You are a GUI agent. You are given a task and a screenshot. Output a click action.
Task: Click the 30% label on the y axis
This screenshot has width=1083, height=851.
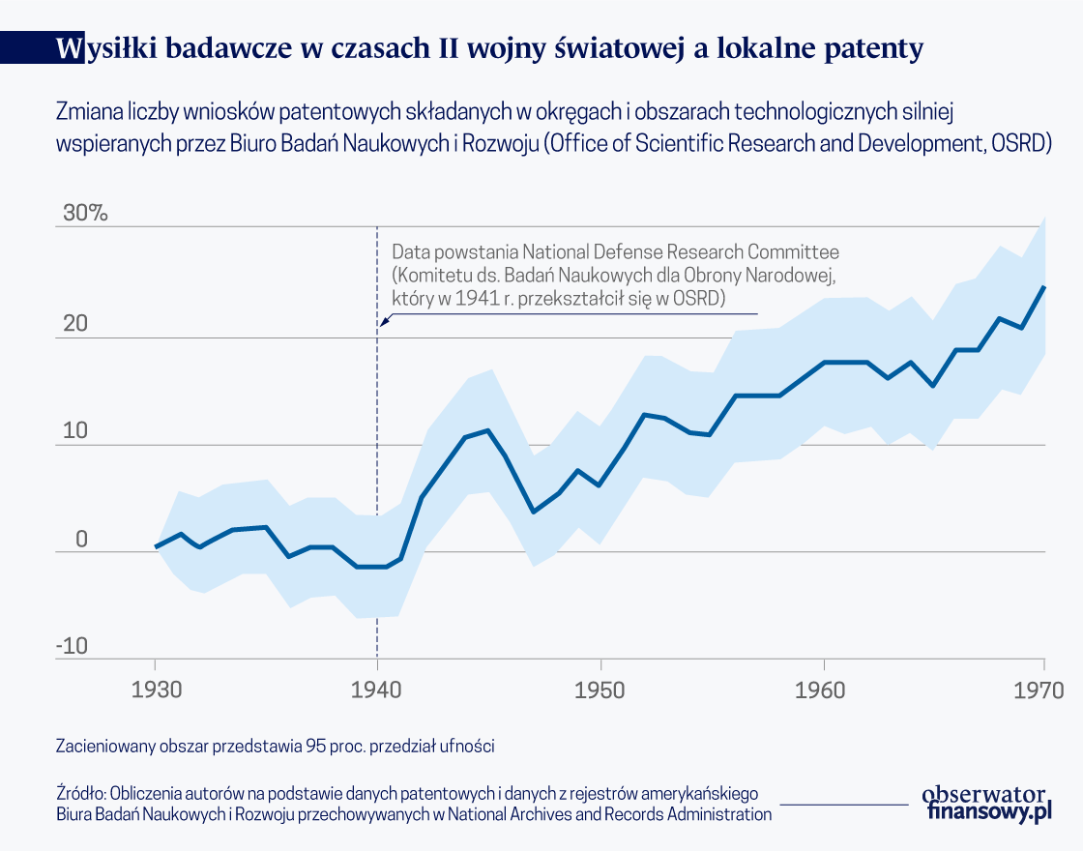point(85,214)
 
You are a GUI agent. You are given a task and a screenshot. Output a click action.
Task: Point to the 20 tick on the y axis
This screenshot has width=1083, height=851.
point(75,324)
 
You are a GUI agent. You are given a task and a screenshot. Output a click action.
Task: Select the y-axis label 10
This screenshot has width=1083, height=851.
point(75,431)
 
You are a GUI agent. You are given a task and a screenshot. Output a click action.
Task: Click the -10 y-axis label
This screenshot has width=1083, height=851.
point(72,646)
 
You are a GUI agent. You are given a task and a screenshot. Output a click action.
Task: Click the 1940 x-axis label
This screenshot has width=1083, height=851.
point(377,690)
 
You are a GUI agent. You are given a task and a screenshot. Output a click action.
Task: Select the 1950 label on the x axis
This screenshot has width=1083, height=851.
point(600,690)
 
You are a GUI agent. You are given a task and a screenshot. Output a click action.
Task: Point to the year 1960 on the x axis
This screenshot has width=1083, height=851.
point(823,690)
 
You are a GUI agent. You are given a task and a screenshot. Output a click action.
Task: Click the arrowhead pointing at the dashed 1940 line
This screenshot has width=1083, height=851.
point(382,324)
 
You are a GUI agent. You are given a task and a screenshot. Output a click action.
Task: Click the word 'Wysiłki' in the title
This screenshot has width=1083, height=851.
point(105,48)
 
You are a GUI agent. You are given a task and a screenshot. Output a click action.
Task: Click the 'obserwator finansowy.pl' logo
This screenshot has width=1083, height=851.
point(986,803)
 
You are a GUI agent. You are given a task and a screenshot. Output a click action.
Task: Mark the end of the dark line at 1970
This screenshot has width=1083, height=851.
point(1044,286)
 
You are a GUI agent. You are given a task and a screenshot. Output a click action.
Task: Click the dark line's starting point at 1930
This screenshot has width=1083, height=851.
point(156,546)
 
